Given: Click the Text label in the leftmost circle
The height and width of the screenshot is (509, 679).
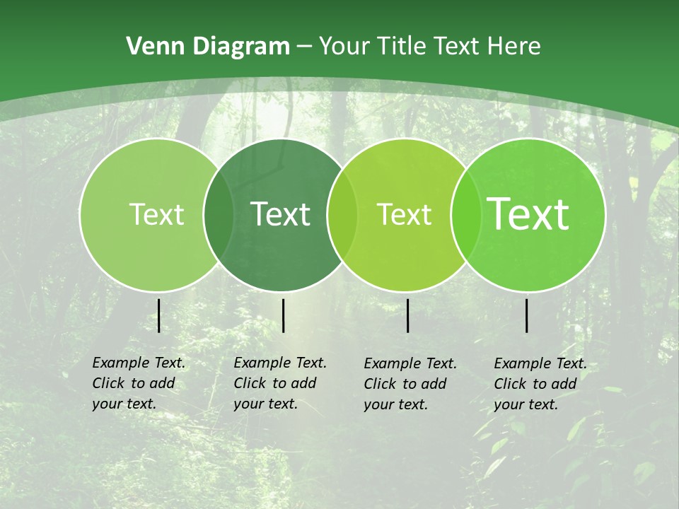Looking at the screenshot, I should pos(156,214).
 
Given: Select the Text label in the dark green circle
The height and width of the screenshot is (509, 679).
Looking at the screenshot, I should pos(281,214).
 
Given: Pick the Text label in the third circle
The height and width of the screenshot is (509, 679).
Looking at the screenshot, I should pos(405,214).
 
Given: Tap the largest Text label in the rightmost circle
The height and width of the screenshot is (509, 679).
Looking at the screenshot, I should pos(528,214).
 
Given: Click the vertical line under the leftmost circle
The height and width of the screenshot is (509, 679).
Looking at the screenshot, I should pos(158,315).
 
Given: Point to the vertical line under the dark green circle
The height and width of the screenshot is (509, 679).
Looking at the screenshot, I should pos(283,315).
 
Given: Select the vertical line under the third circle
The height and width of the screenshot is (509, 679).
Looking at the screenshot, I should pos(407,315).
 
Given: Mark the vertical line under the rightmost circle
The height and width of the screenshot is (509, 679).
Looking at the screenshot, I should pos(527,315).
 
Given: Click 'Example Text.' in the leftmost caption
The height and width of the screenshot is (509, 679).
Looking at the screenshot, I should pos(139,363).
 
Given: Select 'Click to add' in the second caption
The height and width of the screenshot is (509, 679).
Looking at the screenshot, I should pos(275,383).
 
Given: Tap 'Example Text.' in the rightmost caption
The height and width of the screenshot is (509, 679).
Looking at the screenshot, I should pos(540,363).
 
